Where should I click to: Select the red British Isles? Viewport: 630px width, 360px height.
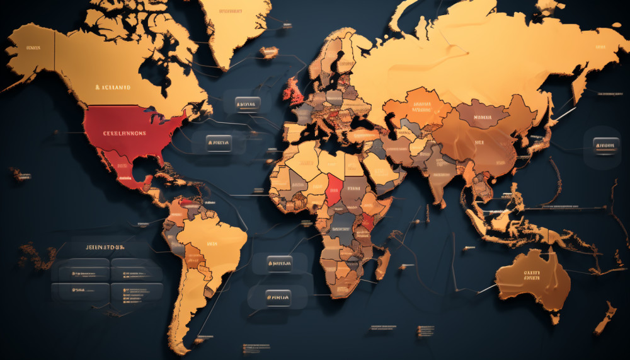pyautogui.click(x=294, y=92)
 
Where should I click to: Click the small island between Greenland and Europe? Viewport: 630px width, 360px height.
pyautogui.click(x=269, y=52)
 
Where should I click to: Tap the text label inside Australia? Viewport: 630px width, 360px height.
pyautogui.click(x=532, y=275)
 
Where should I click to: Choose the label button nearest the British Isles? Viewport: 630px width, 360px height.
pyautogui.click(x=246, y=102)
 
